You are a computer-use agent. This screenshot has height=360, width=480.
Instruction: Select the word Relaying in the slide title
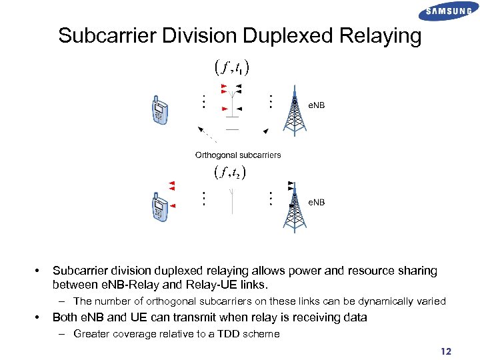(383, 35)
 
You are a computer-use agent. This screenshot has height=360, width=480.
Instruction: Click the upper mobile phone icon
(160, 111)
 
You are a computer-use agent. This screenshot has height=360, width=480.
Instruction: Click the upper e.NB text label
(316, 105)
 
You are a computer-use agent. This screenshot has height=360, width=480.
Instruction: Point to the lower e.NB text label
(316, 202)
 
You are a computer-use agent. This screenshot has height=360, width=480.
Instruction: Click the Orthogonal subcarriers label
(238, 155)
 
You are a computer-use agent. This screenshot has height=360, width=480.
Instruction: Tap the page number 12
(447, 351)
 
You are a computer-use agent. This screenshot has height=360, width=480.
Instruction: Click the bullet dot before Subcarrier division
(37, 271)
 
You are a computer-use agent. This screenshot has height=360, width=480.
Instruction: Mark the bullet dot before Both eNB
(37, 317)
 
